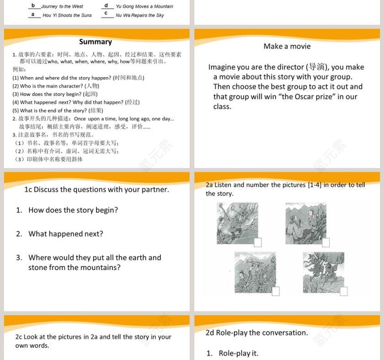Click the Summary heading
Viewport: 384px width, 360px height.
(x=95, y=42)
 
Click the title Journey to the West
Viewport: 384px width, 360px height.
(x=62, y=6)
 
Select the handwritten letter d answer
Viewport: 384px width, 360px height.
(x=106, y=5)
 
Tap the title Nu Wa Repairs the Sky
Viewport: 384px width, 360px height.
(x=139, y=15)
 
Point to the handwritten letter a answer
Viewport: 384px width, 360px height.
(x=33, y=14)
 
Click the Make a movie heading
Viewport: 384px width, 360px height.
(x=287, y=46)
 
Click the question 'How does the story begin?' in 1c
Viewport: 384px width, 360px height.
(x=73, y=210)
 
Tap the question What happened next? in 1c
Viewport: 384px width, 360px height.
(x=65, y=234)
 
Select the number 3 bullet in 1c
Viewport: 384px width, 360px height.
(x=19, y=258)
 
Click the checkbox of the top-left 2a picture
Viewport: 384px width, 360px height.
(x=258, y=242)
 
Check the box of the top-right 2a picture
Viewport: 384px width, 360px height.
(x=325, y=243)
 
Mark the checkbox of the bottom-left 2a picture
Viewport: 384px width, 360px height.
(x=275, y=291)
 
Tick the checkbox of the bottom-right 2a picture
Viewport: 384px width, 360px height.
(x=343, y=291)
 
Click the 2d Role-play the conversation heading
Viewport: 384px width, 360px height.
(x=256, y=333)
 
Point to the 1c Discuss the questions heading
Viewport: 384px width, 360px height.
(x=96, y=189)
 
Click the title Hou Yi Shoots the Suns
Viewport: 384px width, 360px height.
(x=67, y=15)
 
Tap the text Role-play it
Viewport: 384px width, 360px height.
(x=238, y=353)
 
